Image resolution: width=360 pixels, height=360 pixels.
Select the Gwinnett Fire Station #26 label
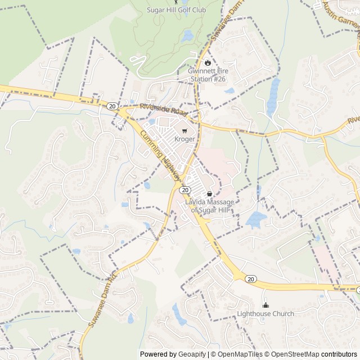206,75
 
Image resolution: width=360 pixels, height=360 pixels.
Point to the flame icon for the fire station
206,63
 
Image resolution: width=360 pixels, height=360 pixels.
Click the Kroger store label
184,138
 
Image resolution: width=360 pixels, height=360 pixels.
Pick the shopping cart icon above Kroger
184,130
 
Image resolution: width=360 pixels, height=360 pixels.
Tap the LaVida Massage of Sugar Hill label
210,206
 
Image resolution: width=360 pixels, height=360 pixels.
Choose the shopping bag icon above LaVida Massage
210,194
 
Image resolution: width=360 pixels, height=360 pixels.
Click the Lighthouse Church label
265,313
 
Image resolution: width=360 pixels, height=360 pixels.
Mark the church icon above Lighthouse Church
265,305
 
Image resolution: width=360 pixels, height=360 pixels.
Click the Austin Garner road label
341,17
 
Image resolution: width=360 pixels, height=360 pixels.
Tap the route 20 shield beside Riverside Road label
112,106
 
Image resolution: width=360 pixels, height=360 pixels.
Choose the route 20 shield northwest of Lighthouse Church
251,279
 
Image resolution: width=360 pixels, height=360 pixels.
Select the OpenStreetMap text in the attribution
292,354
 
